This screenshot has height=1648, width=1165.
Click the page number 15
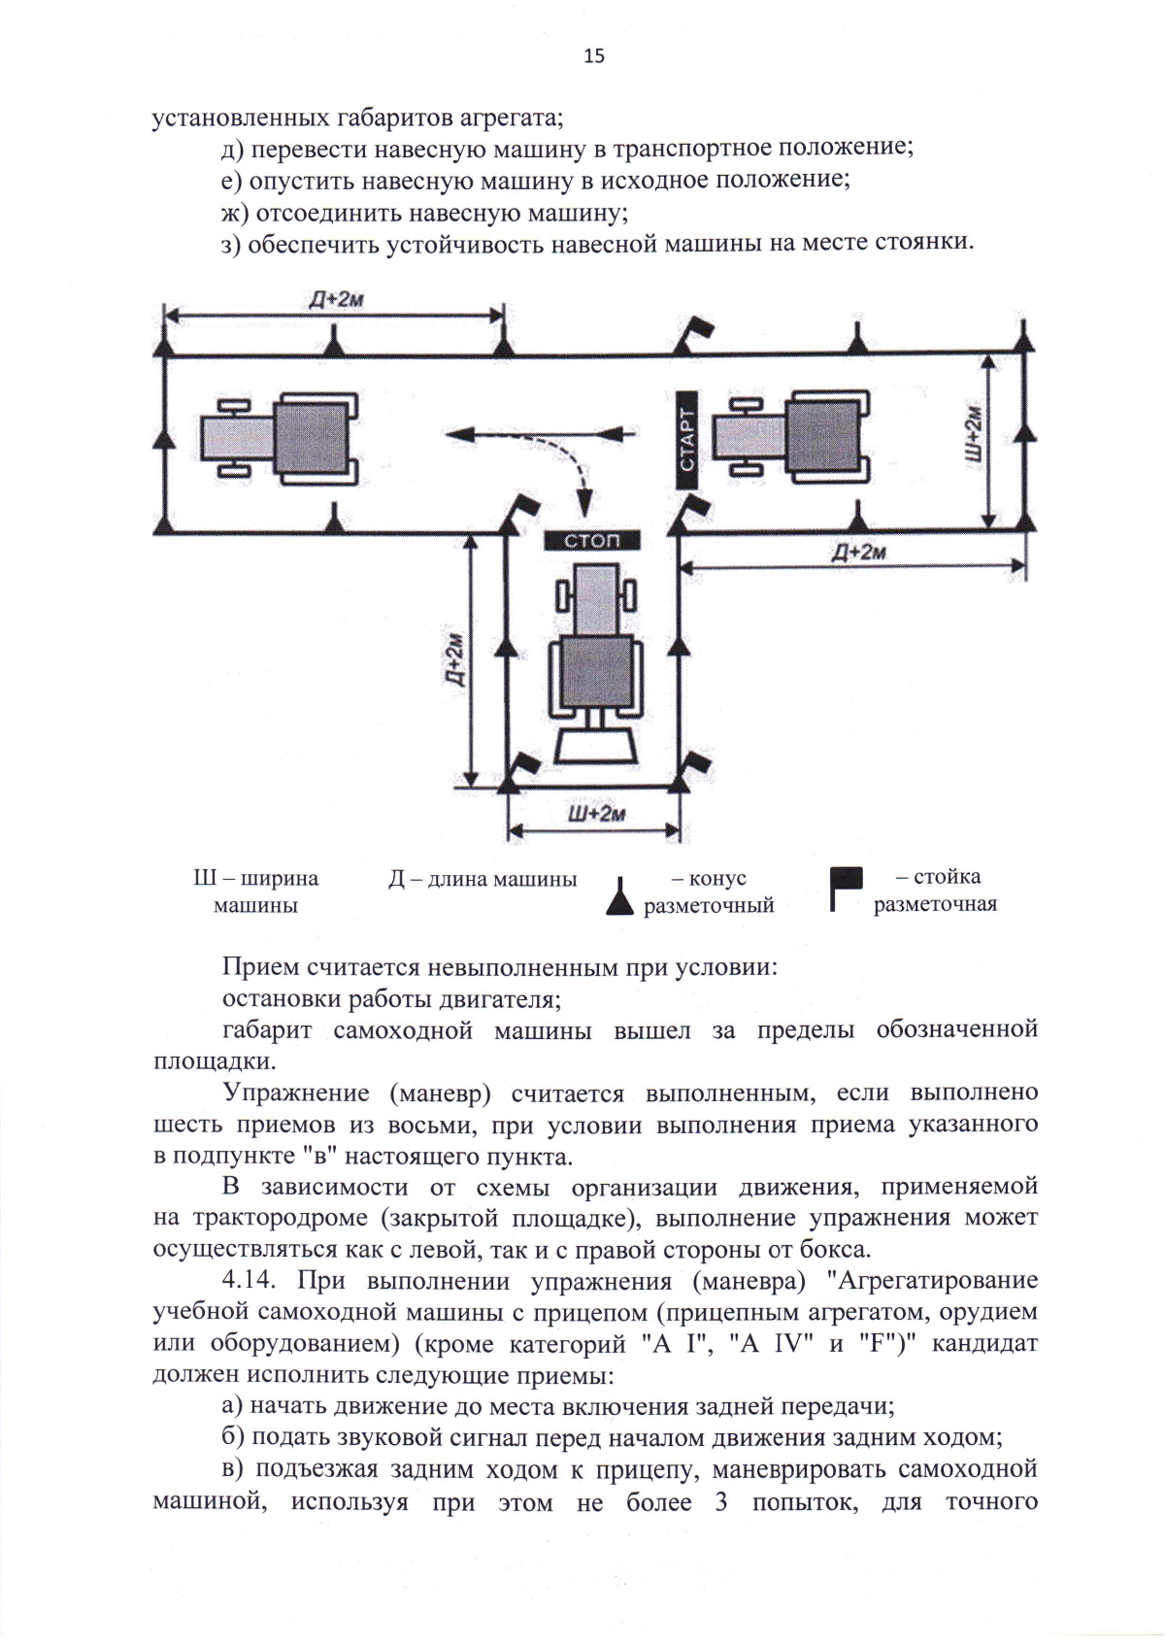(x=594, y=55)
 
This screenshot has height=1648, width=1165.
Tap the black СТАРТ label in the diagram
(x=686, y=439)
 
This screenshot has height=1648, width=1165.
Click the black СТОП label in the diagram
(x=591, y=541)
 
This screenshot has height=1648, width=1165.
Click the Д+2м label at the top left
(x=336, y=299)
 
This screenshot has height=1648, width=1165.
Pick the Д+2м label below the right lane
(x=858, y=552)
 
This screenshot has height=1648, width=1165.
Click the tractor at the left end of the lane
(x=280, y=439)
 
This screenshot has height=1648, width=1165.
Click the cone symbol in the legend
(x=619, y=895)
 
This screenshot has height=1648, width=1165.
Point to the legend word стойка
(x=946, y=877)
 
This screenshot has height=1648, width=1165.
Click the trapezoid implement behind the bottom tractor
(x=595, y=746)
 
